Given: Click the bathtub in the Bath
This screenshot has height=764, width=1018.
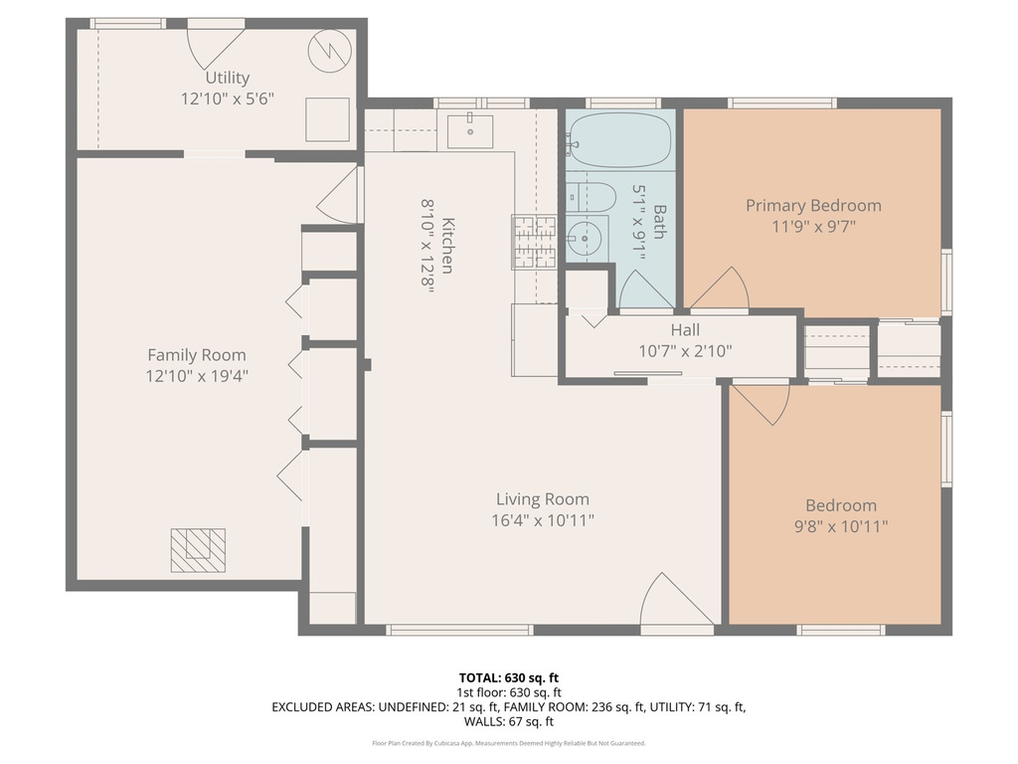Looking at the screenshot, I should (620, 140).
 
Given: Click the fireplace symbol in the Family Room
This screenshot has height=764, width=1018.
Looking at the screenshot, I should (198, 549).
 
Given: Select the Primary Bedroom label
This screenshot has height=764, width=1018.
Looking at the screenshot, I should (813, 206).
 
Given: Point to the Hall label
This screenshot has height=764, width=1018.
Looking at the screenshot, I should (684, 330).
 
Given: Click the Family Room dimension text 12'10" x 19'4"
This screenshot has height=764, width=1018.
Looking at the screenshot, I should (196, 375).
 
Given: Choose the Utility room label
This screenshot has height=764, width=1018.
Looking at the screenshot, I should (227, 78).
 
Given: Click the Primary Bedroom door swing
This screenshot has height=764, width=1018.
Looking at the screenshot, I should (724, 289).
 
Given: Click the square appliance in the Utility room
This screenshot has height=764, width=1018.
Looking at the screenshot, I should (326, 119).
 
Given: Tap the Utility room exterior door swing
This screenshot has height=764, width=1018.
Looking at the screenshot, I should (213, 45).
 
